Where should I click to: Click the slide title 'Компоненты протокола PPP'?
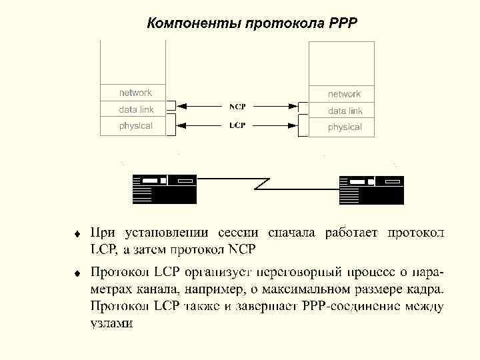(x=252, y=24)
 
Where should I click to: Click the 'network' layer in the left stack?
(x=135, y=93)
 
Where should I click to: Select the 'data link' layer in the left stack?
(x=136, y=109)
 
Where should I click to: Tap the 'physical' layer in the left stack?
(x=135, y=125)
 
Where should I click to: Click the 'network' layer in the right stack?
(x=344, y=94)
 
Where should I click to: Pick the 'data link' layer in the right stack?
(x=345, y=111)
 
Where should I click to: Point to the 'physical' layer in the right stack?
(x=345, y=127)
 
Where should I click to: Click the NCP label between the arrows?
(x=237, y=107)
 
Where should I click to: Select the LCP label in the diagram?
(x=237, y=125)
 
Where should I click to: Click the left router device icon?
(x=164, y=189)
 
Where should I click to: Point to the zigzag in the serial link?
(x=262, y=181)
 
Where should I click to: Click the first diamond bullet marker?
(x=77, y=234)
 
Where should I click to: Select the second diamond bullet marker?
(x=77, y=273)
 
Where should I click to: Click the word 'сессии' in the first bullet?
(x=237, y=233)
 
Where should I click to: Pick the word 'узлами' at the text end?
(x=111, y=323)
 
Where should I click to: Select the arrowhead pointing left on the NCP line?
(x=182, y=105)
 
